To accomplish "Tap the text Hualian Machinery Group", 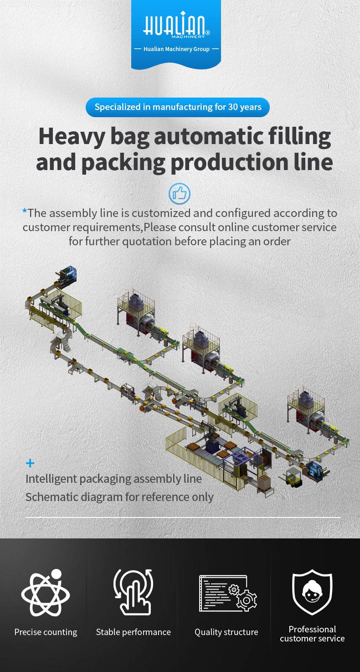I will (176, 49).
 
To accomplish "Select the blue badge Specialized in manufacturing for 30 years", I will (178, 108).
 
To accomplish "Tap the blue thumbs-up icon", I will (179, 194).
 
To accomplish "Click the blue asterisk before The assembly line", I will (25, 212).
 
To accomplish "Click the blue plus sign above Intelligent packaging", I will (30, 464).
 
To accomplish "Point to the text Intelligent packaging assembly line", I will (113, 479).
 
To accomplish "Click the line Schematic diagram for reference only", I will (119, 497).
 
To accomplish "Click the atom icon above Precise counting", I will (46, 593).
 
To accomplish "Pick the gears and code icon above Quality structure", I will (227, 593).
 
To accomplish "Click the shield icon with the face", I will (312, 592).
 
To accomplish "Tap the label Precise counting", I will (46, 632).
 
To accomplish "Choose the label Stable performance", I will (133, 632).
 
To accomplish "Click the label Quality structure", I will (226, 632).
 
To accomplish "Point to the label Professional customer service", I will (312, 634).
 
